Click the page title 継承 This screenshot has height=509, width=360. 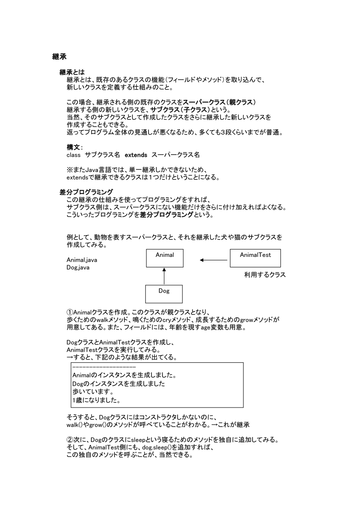click(59, 56)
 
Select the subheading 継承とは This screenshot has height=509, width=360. click(72, 72)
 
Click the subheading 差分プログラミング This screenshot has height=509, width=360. click(86, 192)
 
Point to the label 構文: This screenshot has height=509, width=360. click(74, 147)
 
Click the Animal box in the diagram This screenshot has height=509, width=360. click(165, 257)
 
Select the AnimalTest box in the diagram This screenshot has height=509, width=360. click(255, 257)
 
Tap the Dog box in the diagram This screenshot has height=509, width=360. click(164, 293)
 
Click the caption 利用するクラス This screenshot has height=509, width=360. click(265, 275)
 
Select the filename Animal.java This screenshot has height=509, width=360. click(82, 260)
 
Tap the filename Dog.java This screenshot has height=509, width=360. click(78, 267)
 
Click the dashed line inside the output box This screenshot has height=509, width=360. click(99, 368)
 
